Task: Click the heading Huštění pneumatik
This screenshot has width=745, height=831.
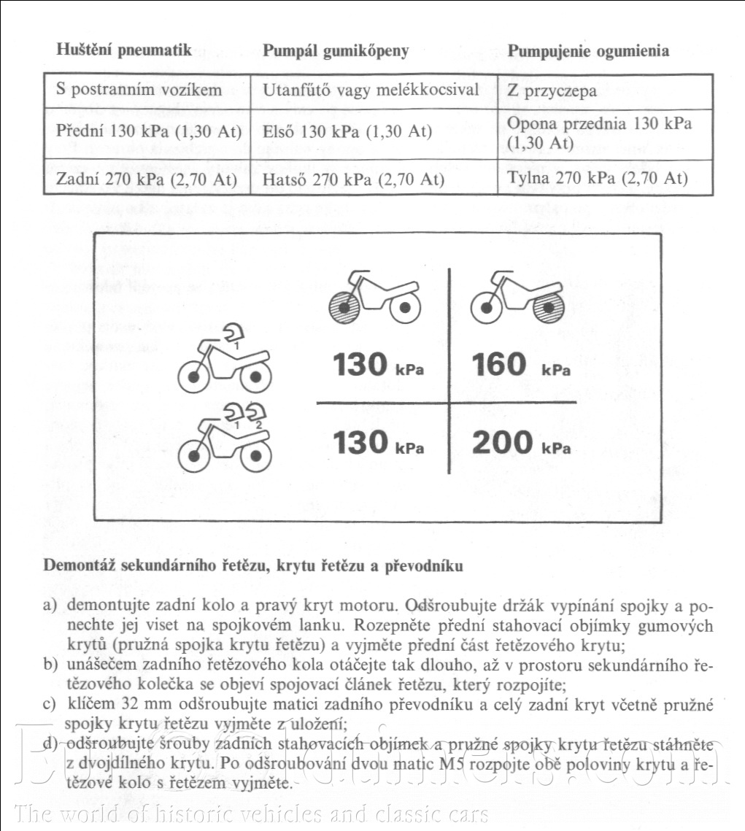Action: pyautogui.click(x=124, y=50)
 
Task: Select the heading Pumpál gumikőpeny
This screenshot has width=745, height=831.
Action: pyautogui.click(x=336, y=51)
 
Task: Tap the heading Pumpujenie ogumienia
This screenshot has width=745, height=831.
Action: pyautogui.click(x=588, y=51)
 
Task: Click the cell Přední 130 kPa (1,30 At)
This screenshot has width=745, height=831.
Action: pyautogui.click(x=146, y=132)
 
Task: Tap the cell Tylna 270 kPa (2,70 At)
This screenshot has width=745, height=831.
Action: pyautogui.click(x=597, y=178)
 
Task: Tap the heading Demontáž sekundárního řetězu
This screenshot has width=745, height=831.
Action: pyautogui.click(x=252, y=565)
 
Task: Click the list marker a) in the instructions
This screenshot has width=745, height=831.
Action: pyautogui.click(x=50, y=606)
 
